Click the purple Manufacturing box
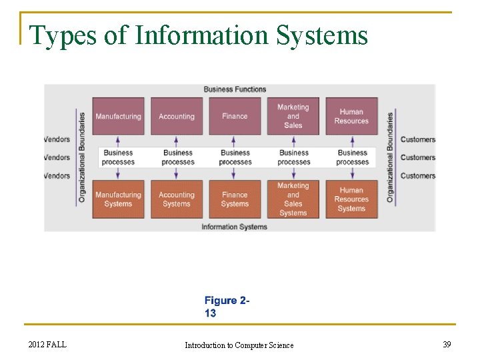[118, 117]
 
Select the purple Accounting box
[177, 117]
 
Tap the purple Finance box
[235, 117]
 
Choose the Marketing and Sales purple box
[293, 117]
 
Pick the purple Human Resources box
[351, 117]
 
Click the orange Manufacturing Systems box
[118, 199]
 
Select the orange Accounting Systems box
[177, 199]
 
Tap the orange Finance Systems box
[235, 199]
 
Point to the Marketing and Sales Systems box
[293, 199]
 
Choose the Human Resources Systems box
[351, 199]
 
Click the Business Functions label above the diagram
[235, 89]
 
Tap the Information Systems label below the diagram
[235, 227]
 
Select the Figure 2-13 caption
[227, 307]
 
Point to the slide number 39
[447, 344]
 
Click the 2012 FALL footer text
[47, 344]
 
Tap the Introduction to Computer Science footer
[239, 345]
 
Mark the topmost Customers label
[417, 140]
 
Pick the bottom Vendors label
[57, 176]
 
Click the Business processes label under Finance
[235, 157]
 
